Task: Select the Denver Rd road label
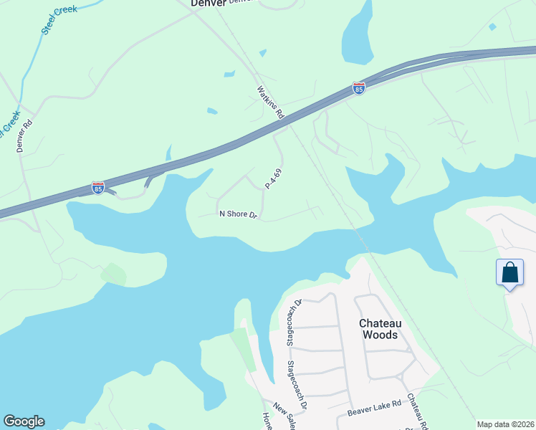pos(25,135)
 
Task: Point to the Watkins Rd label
pos(271,102)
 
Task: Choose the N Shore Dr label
pos(238,214)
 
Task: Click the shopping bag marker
pos(509,274)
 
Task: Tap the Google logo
pos(24,421)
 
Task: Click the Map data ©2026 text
pos(505,424)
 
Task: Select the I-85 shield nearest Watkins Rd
pos(359,89)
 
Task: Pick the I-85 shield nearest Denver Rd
pos(98,188)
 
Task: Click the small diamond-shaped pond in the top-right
pos(492,27)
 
